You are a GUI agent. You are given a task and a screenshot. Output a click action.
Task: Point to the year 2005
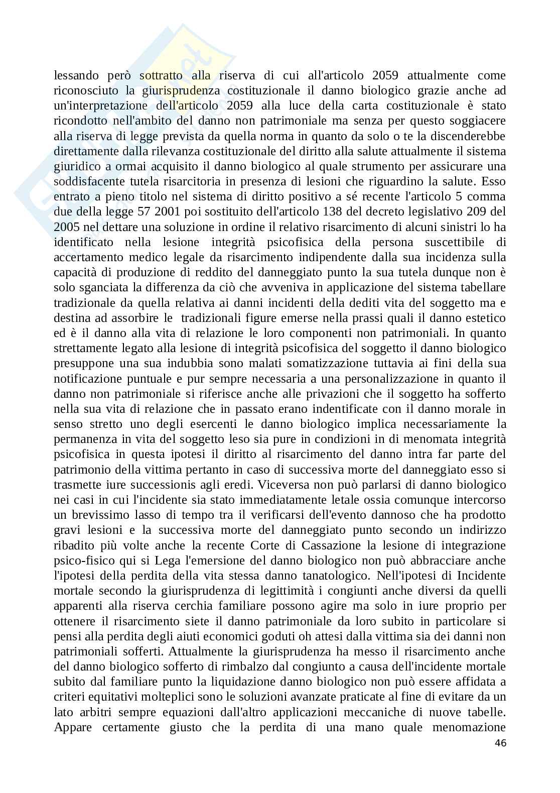64,227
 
